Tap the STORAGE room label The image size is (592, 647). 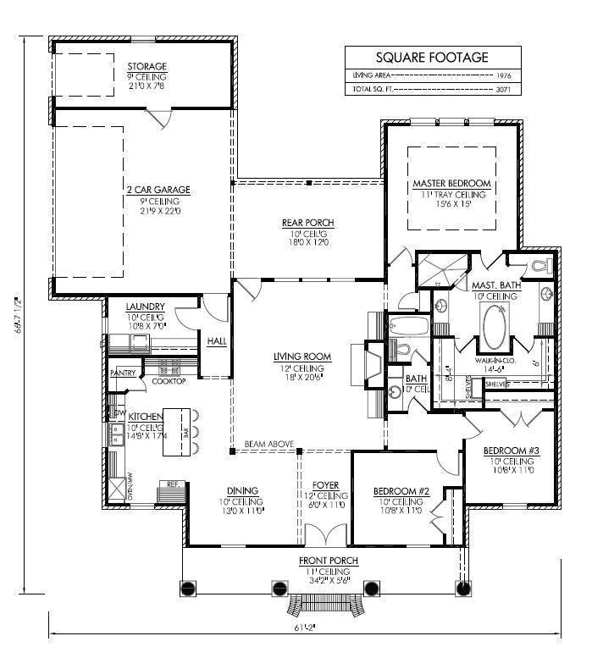[x=147, y=66]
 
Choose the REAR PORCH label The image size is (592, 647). [x=307, y=223]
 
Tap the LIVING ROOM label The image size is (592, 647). [x=302, y=357]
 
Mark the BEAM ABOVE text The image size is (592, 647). [x=269, y=444]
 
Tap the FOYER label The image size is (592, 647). [x=325, y=485]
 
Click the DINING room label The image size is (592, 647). [x=242, y=490]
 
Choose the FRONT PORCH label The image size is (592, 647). [x=328, y=561]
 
